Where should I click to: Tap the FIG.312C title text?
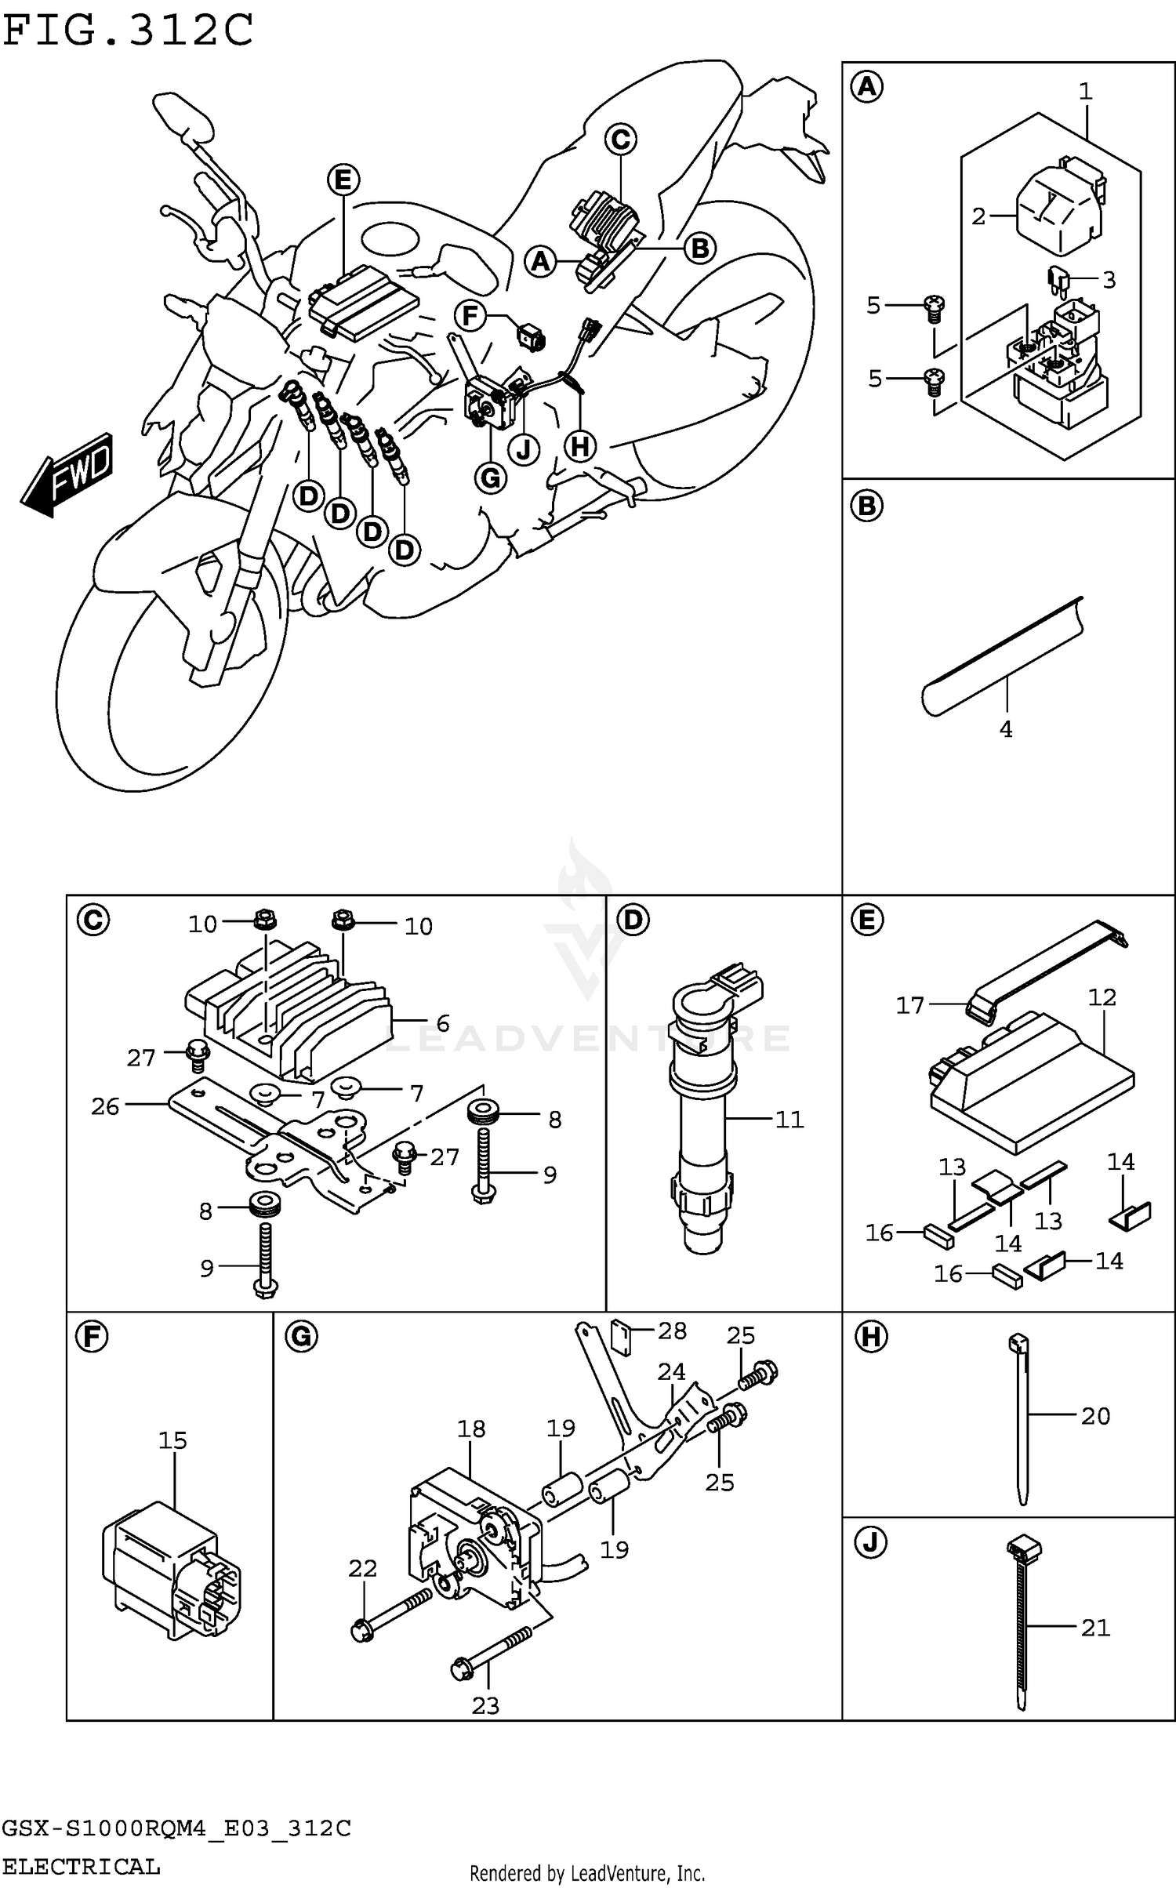tap(128, 31)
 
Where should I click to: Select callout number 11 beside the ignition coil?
tap(789, 1119)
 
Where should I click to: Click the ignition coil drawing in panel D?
tap(703, 1113)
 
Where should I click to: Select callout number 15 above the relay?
tap(173, 1440)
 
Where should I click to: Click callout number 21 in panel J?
tap(1095, 1628)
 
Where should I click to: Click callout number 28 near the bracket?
tap(672, 1331)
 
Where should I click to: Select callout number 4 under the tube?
tap(1006, 729)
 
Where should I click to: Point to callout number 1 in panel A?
tap(1085, 92)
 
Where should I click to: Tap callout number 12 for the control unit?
tap(1102, 997)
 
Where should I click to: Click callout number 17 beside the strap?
tap(910, 1005)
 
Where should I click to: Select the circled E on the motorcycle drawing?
tap(343, 180)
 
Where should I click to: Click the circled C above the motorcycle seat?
tap(620, 140)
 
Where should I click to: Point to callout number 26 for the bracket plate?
tap(105, 1106)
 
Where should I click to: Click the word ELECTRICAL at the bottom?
tap(82, 1867)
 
